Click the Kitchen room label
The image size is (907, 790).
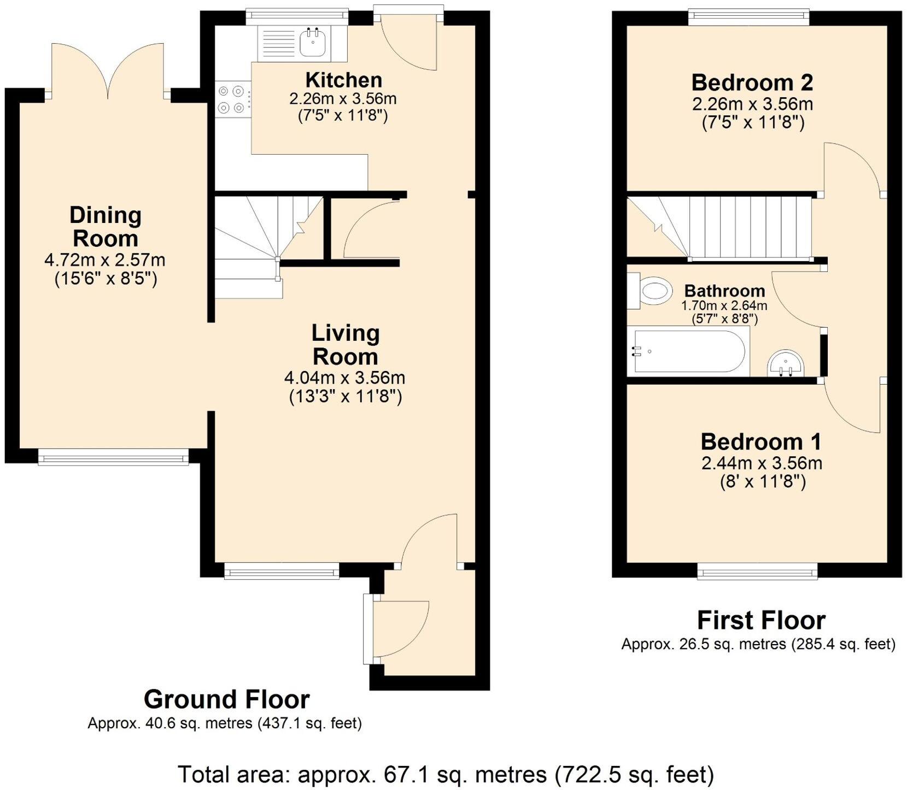point(343,80)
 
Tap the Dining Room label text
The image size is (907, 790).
point(106,227)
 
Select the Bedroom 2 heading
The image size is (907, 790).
point(752,82)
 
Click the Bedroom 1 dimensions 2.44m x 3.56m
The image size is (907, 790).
point(762,463)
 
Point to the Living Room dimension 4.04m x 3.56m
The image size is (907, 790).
point(344,378)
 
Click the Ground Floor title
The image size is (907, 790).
point(226,699)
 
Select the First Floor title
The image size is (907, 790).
point(761,620)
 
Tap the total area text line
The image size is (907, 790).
point(446,774)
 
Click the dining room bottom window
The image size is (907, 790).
point(113,457)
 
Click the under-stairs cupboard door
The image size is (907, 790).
point(369,229)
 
